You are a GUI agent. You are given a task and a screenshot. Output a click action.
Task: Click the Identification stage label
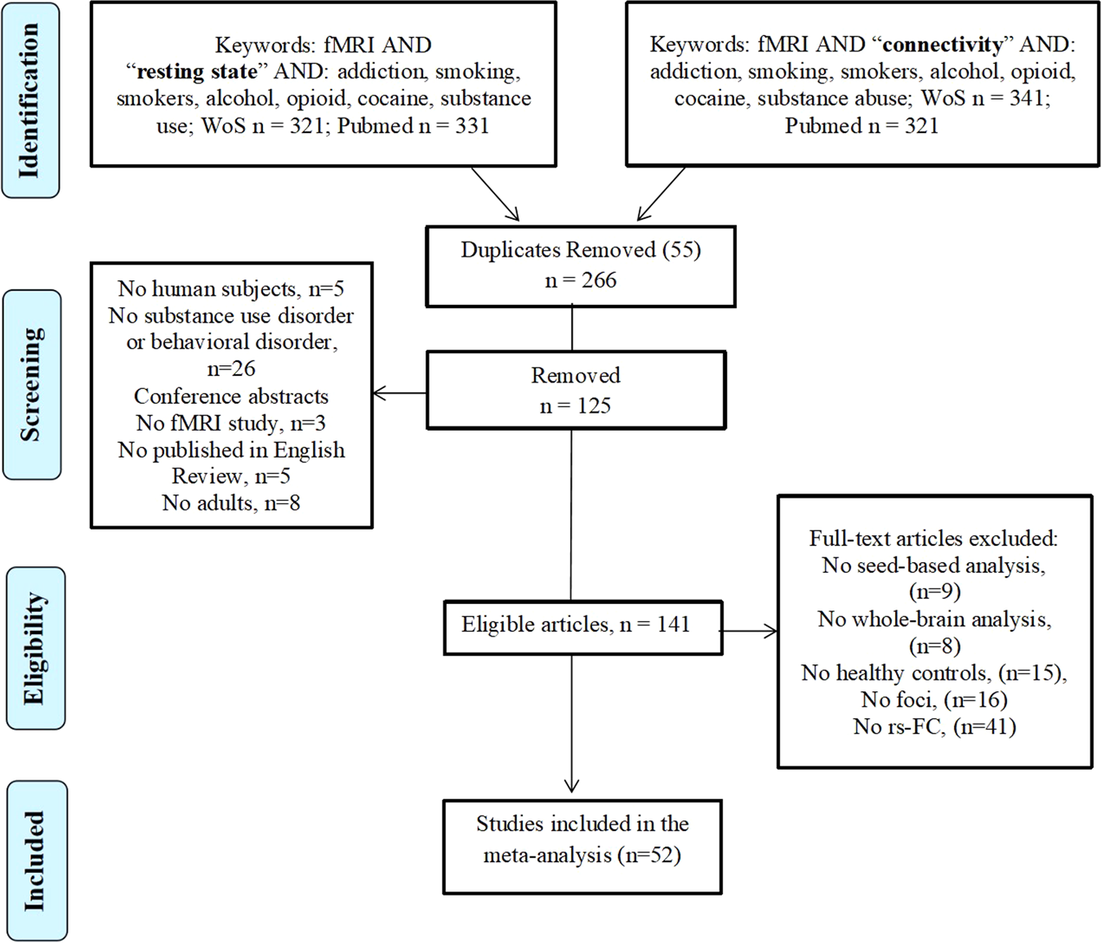(x=30, y=100)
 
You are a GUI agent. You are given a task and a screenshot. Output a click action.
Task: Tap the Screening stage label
(x=31, y=384)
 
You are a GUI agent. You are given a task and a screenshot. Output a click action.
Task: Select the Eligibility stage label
(x=36, y=648)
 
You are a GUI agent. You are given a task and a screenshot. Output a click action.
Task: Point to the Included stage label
(x=38, y=861)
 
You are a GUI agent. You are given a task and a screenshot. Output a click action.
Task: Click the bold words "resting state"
(x=197, y=71)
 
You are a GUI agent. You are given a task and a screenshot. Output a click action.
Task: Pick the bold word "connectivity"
(x=943, y=44)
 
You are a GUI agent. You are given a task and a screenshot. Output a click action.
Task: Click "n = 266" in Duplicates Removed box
(x=581, y=279)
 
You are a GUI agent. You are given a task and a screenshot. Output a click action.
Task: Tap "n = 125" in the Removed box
(x=575, y=405)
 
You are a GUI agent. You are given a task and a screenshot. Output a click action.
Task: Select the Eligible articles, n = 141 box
(x=583, y=628)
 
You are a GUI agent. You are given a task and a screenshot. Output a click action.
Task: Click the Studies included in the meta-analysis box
(x=582, y=847)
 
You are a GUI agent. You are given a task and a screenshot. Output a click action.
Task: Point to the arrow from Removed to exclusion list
(x=399, y=393)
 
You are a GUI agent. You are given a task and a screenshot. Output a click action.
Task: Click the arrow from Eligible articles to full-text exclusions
(x=748, y=632)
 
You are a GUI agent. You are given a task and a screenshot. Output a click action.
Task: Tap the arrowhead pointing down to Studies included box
(x=572, y=786)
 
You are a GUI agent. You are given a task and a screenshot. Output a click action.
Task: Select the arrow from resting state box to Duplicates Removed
(x=495, y=194)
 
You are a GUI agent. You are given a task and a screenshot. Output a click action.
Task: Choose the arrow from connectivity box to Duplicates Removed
(x=661, y=194)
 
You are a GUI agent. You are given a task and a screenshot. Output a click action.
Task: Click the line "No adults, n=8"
(x=231, y=503)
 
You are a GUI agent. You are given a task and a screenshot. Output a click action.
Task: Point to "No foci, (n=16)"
(x=934, y=699)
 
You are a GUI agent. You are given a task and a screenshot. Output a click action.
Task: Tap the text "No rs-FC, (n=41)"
(x=934, y=726)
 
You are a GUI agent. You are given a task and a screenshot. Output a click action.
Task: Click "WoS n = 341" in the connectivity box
(x=981, y=98)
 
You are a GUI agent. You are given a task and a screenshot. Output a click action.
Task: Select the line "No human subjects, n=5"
(x=231, y=288)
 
